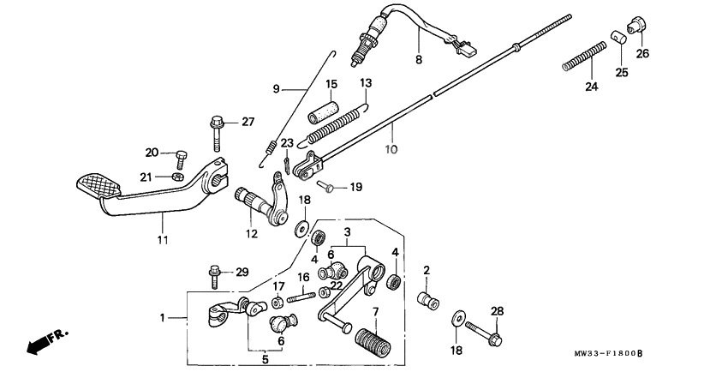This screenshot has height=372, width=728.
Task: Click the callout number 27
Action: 248,122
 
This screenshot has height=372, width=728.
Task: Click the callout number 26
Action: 642,53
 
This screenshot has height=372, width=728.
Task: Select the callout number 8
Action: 418,60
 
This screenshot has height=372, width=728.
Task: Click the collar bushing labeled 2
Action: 424,301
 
